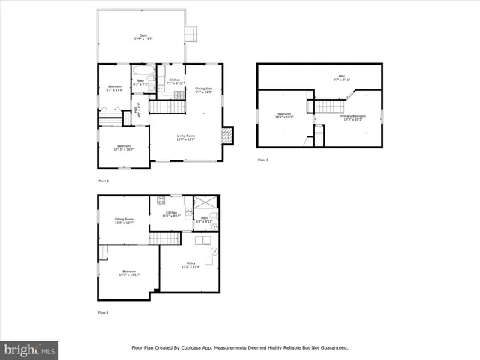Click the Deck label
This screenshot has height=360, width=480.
click(x=142, y=37)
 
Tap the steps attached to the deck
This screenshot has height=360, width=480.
click(x=192, y=34)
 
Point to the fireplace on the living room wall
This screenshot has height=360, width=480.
click(x=228, y=135)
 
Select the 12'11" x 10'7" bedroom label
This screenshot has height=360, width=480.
click(x=123, y=147)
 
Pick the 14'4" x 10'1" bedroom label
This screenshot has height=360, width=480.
click(x=283, y=115)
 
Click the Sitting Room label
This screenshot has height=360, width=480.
click(x=124, y=220)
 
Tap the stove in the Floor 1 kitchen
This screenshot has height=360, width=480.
click(x=160, y=200)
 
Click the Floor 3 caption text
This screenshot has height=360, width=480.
click(x=262, y=160)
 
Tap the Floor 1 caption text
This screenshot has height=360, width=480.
click(x=103, y=312)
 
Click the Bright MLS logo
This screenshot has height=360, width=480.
click(x=30, y=349)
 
